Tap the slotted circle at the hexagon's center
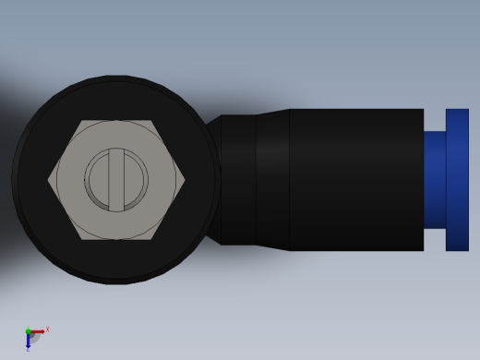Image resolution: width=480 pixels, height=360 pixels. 116,180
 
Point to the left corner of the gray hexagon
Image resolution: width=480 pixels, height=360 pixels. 49,180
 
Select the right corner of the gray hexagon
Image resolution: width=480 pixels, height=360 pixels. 184,180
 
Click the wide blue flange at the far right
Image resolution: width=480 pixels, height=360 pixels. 457,180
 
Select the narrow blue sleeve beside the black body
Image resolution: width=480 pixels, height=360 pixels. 435,180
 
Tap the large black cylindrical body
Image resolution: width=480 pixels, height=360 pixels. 356,180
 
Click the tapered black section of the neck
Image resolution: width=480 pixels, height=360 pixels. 273,180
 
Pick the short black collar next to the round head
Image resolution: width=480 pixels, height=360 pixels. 238,180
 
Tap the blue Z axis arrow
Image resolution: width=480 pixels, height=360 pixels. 28,340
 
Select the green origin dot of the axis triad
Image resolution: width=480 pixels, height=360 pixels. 28,331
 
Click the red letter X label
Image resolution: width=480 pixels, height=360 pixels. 47,329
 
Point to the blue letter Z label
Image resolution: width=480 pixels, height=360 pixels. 28,350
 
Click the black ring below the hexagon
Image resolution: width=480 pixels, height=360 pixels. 116,260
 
